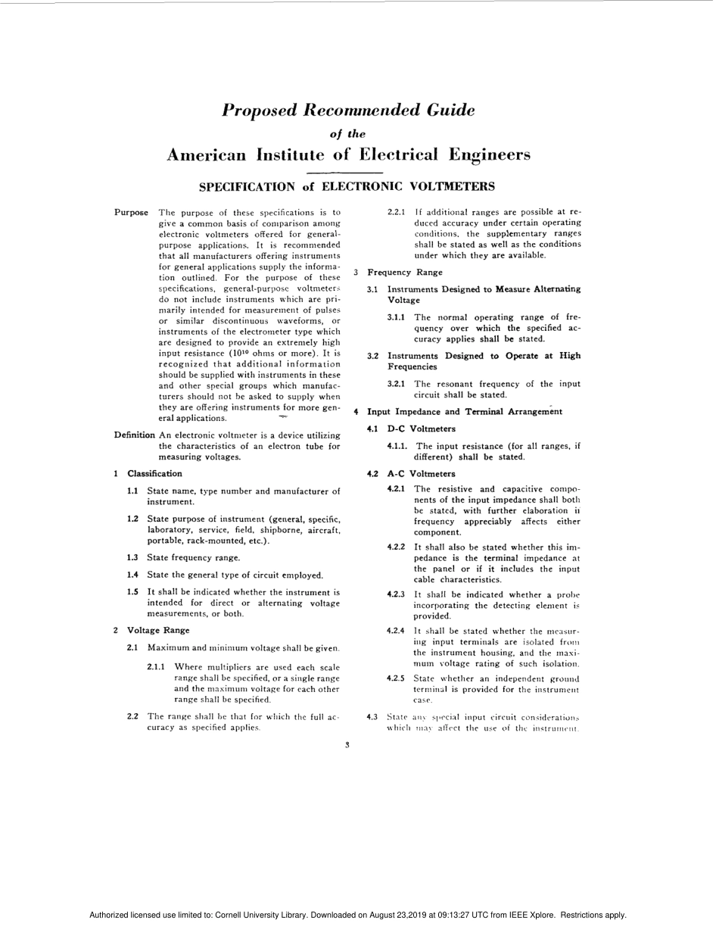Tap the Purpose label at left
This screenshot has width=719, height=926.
pyautogui.click(x=131, y=212)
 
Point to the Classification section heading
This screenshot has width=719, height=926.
pyautogui.click(x=154, y=473)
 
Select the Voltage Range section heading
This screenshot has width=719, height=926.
pyautogui.click(x=158, y=630)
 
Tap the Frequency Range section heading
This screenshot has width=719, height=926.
pyautogui.click(x=405, y=272)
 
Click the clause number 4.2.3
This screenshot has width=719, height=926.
pyautogui.click(x=396, y=594)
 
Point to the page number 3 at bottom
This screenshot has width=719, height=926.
pyautogui.click(x=347, y=745)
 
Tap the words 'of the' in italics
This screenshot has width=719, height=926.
pyautogui.click(x=348, y=134)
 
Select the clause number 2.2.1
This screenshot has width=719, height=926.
pyautogui.click(x=396, y=212)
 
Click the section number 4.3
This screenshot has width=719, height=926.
pyautogui.click(x=372, y=716)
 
